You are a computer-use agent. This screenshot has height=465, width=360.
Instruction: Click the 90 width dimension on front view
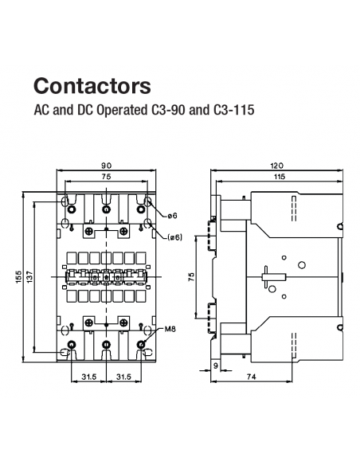click(x=106, y=165)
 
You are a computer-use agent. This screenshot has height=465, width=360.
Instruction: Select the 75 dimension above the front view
click(x=106, y=177)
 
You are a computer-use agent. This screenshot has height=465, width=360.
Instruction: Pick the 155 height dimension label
click(x=18, y=275)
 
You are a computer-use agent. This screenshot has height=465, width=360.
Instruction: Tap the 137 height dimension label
click(x=29, y=275)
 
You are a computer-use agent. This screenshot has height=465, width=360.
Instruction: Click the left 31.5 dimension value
click(x=88, y=377)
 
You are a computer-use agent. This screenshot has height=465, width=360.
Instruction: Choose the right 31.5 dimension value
click(x=123, y=377)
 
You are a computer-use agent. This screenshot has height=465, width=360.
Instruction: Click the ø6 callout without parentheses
click(x=172, y=216)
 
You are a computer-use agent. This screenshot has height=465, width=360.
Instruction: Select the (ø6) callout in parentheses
click(x=175, y=236)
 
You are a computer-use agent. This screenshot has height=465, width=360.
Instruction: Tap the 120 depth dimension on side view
click(x=278, y=165)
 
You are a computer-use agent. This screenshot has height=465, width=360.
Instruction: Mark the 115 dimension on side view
click(x=278, y=177)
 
